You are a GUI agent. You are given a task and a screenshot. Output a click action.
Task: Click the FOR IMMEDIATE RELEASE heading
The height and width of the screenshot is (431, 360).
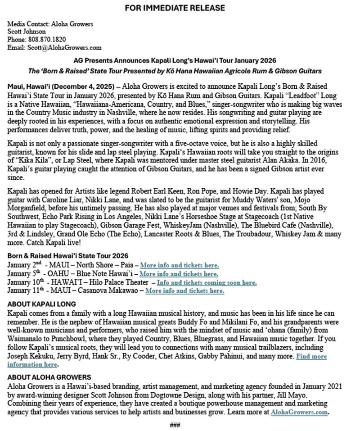pos(175,8)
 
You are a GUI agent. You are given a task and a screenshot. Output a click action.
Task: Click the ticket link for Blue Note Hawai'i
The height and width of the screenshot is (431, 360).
pos(179,273)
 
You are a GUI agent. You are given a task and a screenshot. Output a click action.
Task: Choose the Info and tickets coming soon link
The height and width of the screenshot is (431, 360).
pos(207,282)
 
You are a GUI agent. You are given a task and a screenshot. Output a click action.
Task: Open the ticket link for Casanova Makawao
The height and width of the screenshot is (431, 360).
pos(184,291)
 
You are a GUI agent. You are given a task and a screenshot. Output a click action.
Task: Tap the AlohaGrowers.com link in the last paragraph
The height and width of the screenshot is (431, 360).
pos(300,412)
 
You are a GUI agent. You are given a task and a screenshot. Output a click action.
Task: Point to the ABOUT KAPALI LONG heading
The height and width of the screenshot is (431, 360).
pos(42,304)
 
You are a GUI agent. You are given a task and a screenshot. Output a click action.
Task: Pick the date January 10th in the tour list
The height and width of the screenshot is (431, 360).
pos(24,282)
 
